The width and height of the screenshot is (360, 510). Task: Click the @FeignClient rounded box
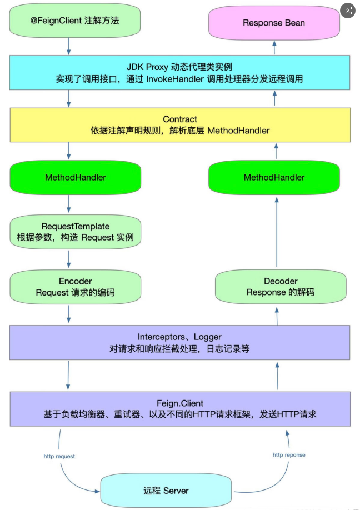pos(75,21)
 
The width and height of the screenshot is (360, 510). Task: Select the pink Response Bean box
pos(274,23)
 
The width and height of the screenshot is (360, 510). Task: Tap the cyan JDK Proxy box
pos(179,73)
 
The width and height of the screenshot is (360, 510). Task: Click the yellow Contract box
pos(179,125)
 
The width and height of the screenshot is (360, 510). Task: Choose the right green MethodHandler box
pos(274,177)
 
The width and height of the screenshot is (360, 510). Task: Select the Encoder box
pos(75,287)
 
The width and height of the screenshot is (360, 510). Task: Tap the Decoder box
pos(280,287)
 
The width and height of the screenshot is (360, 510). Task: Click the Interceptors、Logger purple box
pos(179,342)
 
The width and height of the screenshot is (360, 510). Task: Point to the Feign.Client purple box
pos(179,409)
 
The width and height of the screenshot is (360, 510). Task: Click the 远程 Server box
pos(166,491)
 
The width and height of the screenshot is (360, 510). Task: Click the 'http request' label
pos(59,456)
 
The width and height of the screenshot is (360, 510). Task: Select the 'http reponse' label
pos(289,454)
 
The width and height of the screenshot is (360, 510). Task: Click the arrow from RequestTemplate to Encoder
pos(69,259)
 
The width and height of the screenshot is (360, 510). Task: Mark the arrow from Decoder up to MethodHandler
pos(276,233)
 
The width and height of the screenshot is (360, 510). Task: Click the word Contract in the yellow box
pos(179,119)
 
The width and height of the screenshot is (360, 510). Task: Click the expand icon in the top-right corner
pos(348,11)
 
